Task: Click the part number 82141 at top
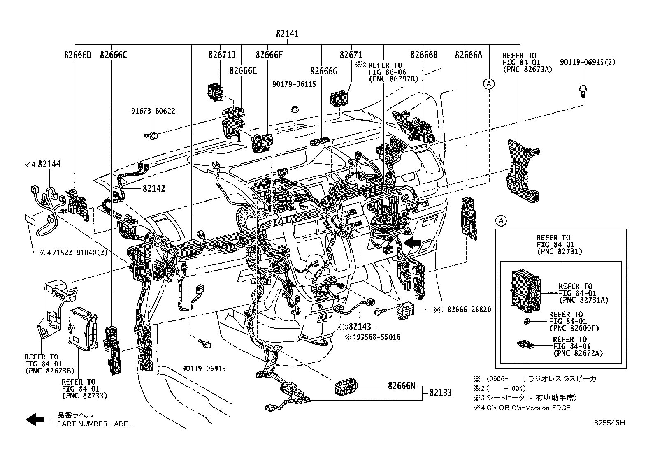(287, 34)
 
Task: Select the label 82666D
(78, 55)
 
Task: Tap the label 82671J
(222, 55)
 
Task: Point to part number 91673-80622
(153, 111)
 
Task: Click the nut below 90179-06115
(294, 109)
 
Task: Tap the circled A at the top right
(489, 84)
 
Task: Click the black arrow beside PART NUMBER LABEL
(35, 419)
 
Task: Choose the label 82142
(154, 188)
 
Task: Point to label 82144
(49, 164)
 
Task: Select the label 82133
(440, 393)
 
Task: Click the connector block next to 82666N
(345, 387)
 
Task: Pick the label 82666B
(424, 55)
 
